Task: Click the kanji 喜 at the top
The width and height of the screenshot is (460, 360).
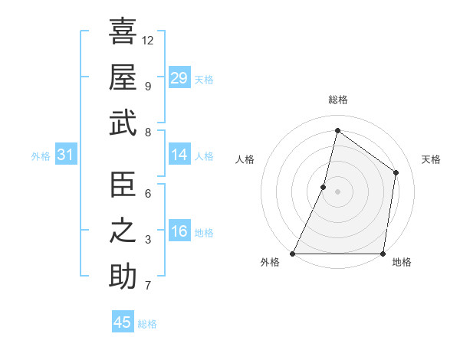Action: (x=123, y=31)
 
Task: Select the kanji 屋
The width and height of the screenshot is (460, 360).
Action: (x=123, y=77)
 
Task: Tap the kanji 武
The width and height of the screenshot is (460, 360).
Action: (x=123, y=123)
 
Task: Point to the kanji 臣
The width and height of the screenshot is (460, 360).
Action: (x=123, y=185)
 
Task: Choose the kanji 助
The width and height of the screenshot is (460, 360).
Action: (x=123, y=277)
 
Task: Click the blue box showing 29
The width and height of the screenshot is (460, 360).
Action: (x=179, y=77)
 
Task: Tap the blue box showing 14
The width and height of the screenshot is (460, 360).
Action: (x=179, y=155)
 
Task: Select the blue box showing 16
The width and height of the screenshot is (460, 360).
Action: (x=179, y=231)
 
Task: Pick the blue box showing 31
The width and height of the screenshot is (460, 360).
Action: (x=65, y=155)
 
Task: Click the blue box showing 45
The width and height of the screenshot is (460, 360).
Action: (x=123, y=322)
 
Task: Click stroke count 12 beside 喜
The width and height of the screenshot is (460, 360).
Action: (x=148, y=40)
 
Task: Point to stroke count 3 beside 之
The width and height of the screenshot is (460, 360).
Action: (x=148, y=240)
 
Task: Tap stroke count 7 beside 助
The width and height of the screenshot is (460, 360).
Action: (x=148, y=286)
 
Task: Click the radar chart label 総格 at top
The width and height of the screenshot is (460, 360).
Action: (x=337, y=100)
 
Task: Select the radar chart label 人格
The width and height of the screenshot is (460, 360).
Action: (x=245, y=159)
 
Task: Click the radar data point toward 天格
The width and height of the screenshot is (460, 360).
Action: (x=396, y=172)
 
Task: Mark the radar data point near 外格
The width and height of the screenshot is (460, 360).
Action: (x=293, y=254)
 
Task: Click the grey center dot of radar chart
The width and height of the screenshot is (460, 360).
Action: (x=337, y=192)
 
